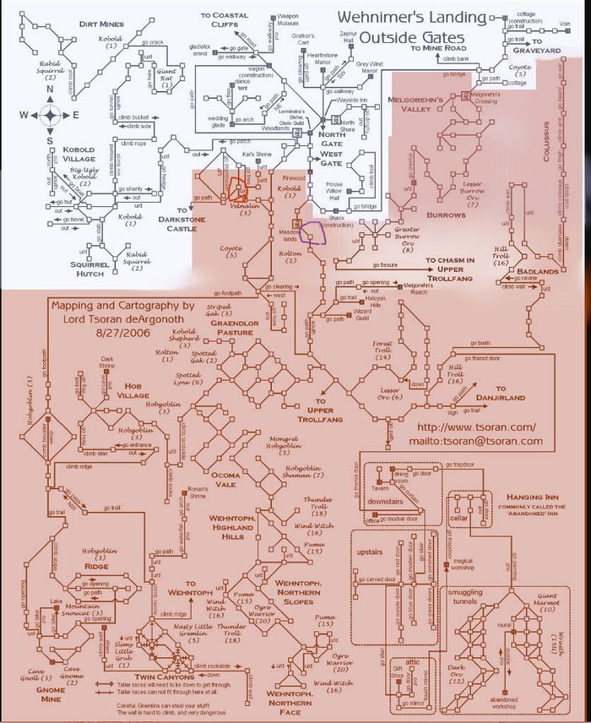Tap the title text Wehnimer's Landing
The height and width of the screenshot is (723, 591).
(x=412, y=19)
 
